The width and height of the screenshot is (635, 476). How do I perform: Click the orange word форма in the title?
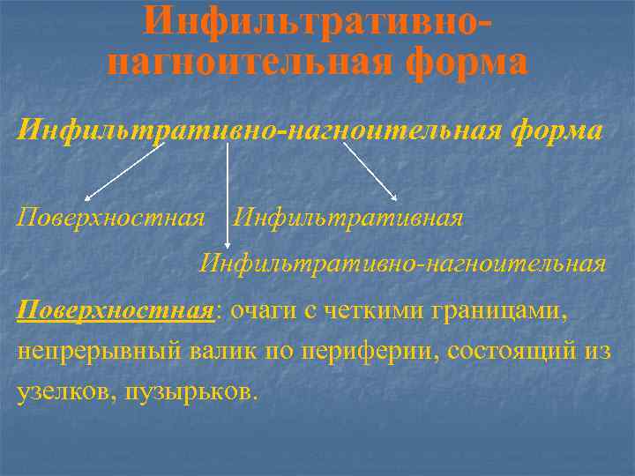click(x=467, y=62)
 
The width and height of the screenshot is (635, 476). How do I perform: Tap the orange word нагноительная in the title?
click(x=250, y=62)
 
